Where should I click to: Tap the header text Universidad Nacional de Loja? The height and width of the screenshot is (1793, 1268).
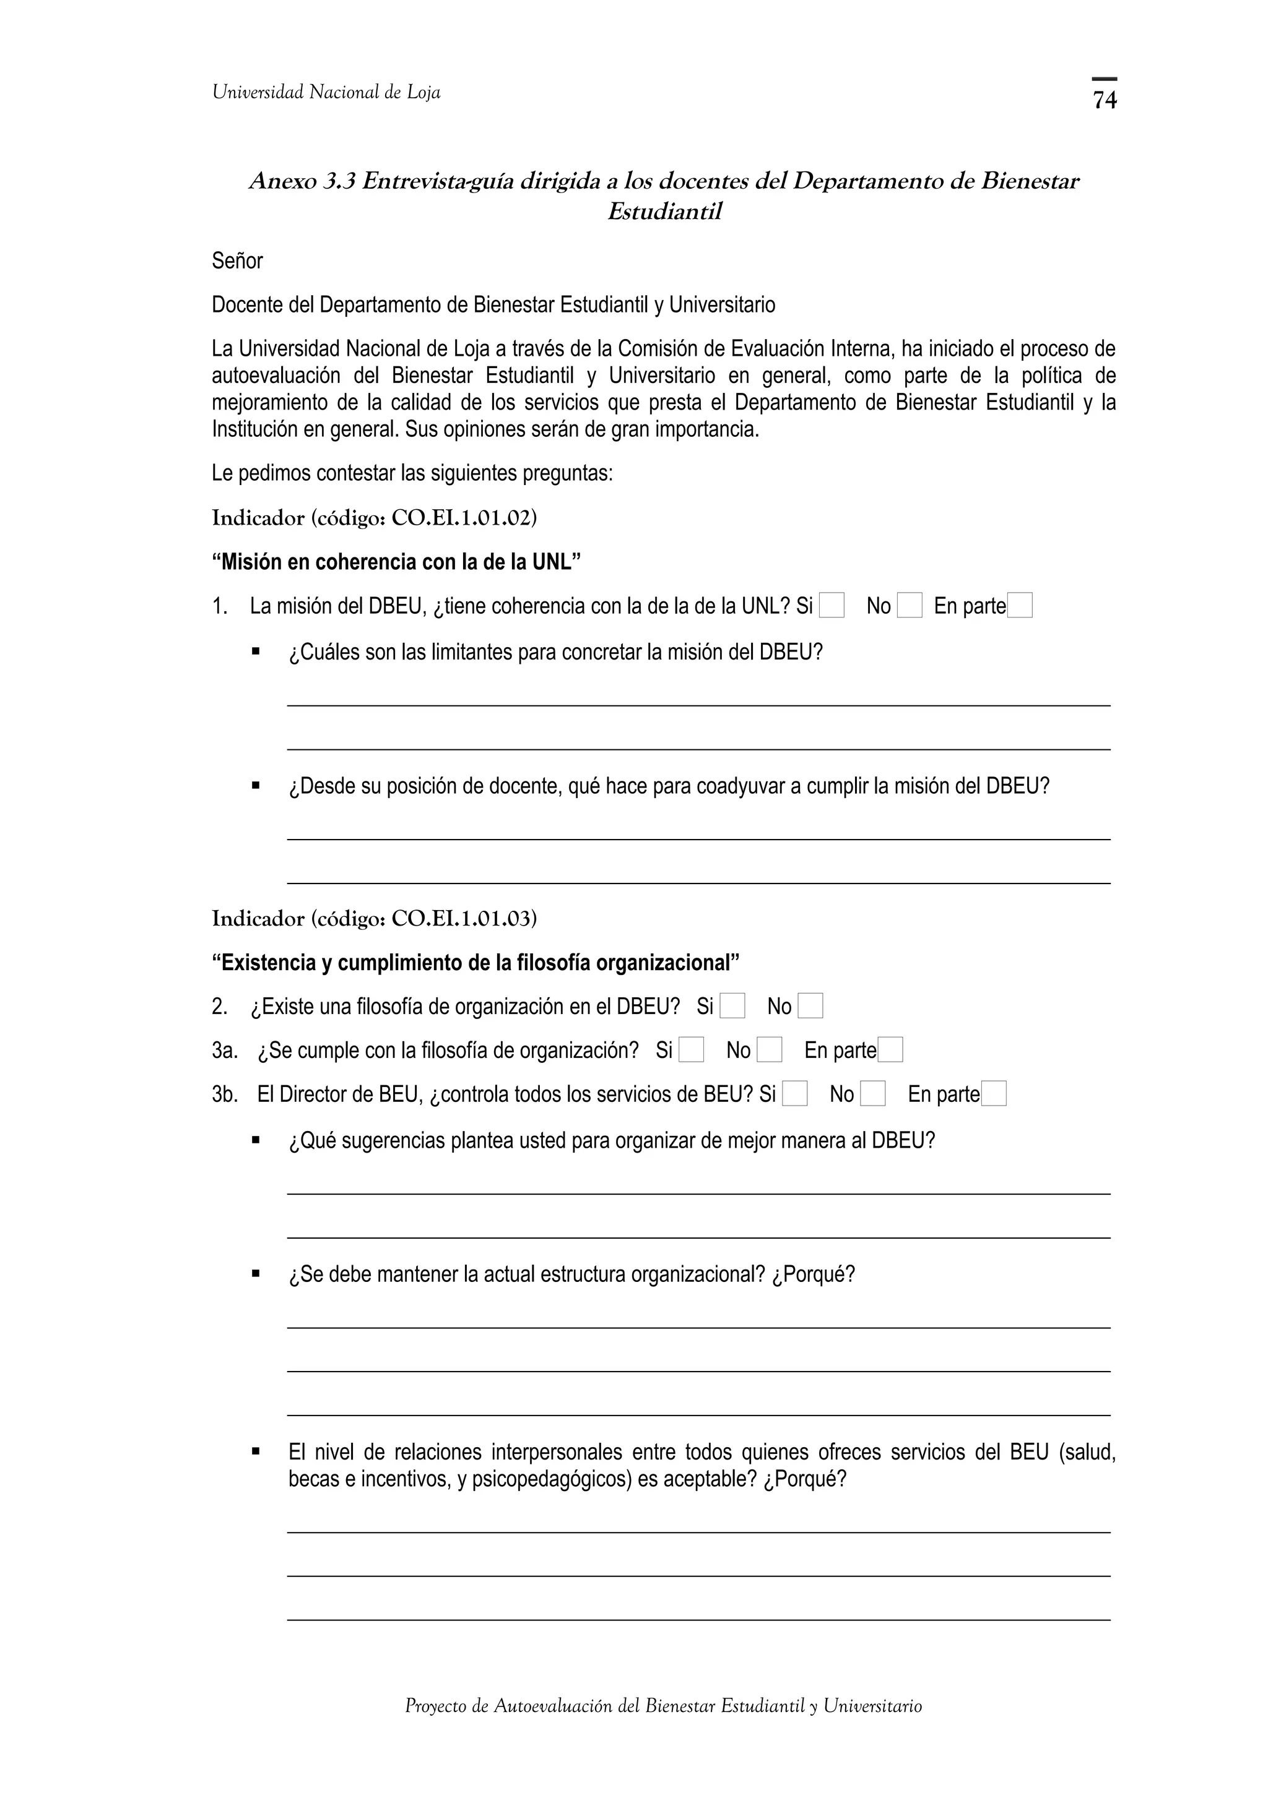326,93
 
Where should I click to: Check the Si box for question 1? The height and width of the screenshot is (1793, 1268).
832,606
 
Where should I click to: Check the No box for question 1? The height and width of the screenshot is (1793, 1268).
909,606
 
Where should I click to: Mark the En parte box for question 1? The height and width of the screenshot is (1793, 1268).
1020,606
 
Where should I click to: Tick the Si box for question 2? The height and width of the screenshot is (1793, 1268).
732,1007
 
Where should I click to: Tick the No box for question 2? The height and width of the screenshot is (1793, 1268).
810,1007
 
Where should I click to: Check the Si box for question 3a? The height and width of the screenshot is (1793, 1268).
690,1051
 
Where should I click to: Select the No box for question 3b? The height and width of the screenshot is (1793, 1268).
872,1094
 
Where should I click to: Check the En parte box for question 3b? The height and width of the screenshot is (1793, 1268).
993,1094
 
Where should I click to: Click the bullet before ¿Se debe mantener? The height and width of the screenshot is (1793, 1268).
256,1274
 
